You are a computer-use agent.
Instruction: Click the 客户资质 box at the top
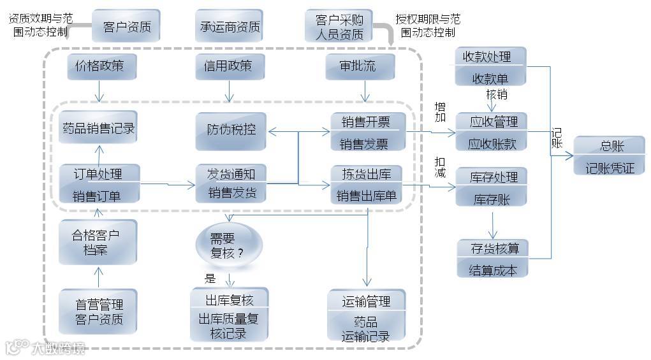126,27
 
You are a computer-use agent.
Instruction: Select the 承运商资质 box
230,27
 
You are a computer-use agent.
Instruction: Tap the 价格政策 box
99,66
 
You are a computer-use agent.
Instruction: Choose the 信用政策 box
228,66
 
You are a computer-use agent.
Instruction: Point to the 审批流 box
360,66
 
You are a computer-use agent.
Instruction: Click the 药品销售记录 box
98,128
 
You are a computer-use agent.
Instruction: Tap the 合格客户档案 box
98,242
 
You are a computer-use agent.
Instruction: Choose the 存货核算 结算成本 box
493,258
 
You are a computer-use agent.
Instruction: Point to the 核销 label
496,95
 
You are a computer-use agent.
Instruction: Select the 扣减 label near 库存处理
440,167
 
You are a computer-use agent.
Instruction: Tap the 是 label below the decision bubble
210,278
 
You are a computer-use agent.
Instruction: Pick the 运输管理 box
366,317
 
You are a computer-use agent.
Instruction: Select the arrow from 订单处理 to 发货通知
167,185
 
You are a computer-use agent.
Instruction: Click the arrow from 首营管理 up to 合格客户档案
98,277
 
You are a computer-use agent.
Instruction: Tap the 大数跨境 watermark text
57,349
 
